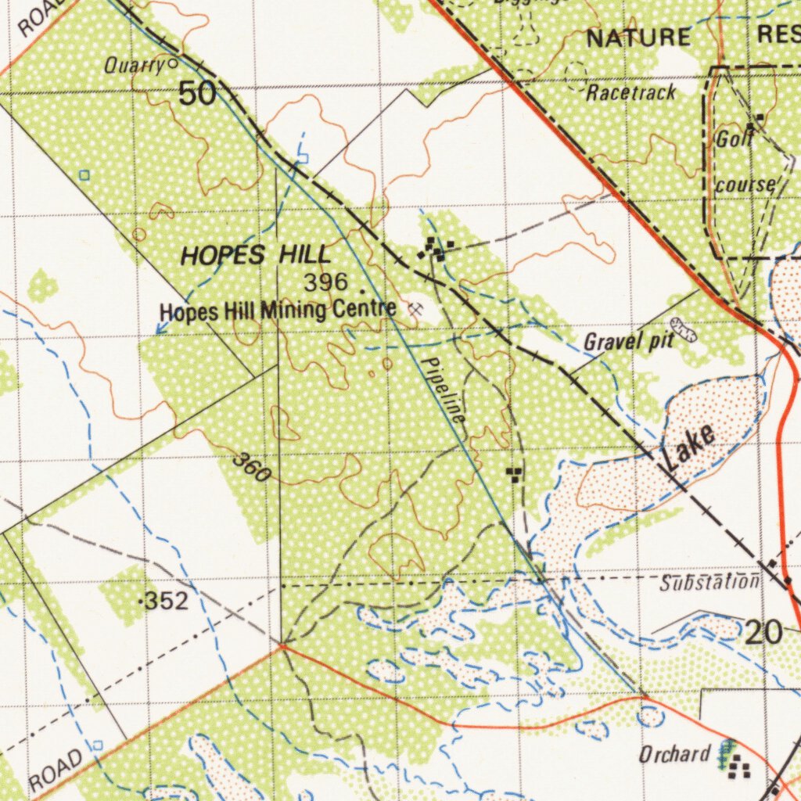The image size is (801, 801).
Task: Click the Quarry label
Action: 133,66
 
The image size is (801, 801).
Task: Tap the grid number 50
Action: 196,94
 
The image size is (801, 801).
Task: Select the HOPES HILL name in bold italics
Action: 256,255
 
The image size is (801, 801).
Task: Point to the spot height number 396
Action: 326,282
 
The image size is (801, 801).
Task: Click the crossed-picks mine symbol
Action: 415,309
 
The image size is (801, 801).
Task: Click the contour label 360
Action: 252,467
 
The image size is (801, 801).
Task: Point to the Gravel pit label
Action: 628,341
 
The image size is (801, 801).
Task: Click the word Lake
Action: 690,448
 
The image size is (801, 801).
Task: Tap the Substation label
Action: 709,582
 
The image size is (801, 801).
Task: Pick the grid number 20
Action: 763,631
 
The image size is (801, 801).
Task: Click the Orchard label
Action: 673,755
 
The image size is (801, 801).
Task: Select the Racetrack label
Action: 631,92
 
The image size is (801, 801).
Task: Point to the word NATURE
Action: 638,37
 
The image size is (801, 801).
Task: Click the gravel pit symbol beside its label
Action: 684,330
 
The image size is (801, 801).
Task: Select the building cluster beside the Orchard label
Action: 738,768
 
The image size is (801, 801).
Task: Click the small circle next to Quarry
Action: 172,63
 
